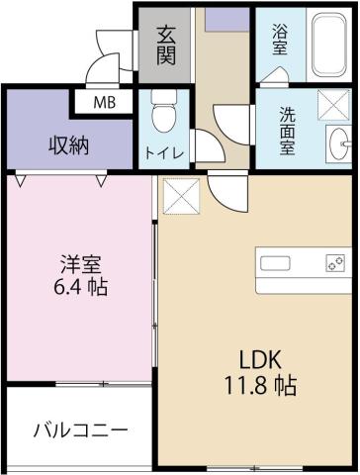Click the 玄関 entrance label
[165, 46]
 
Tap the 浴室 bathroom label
[281, 38]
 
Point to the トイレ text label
[163, 154]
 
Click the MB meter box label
[103, 101]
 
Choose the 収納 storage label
[69, 144]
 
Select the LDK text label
[255, 357]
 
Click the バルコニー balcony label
[79, 430]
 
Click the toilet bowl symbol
[163, 114]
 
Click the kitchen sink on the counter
[275, 262]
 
